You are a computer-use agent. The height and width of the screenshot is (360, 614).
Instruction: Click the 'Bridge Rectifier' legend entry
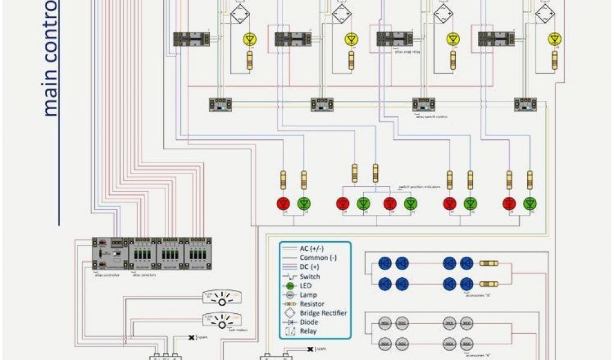pyautogui.click(x=323, y=313)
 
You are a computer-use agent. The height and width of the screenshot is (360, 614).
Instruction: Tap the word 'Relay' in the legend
pyautogui.click(x=308, y=331)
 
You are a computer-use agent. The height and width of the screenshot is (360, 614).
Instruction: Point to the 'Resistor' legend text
pyautogui.click(x=312, y=304)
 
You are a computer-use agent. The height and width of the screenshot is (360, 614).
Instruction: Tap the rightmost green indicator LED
pyautogui.click(x=529, y=203)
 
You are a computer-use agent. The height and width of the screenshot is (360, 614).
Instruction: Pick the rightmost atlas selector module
pyautogui.click(x=198, y=253)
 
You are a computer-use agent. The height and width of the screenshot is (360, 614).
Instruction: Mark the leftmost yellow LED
pyautogui.click(x=249, y=39)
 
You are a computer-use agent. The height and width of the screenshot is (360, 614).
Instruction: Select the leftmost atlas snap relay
pyautogui.click(x=191, y=39)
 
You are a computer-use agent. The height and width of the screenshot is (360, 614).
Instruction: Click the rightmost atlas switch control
pyautogui.click(x=525, y=104)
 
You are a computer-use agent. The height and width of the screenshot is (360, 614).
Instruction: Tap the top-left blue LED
pyautogui.click(x=384, y=263)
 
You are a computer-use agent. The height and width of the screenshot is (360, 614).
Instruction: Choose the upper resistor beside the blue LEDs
pyautogui.click(x=489, y=263)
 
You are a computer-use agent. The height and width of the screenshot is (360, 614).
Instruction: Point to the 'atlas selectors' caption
pyautogui.click(x=143, y=275)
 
